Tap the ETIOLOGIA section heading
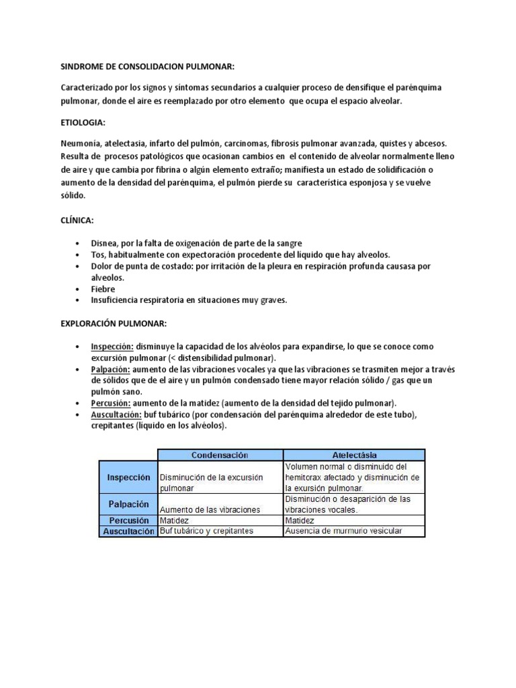[83, 124]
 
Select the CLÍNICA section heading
[79, 220]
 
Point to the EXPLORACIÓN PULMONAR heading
[114, 324]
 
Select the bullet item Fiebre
[103, 289]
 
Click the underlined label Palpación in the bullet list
[111, 370]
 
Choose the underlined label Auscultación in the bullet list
[116, 415]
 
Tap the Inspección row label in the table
[128, 477]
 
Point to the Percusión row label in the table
[128, 520]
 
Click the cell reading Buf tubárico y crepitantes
[206, 531]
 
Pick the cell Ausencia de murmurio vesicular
[343, 531]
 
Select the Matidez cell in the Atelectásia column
[300, 520]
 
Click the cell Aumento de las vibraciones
[210, 510]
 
